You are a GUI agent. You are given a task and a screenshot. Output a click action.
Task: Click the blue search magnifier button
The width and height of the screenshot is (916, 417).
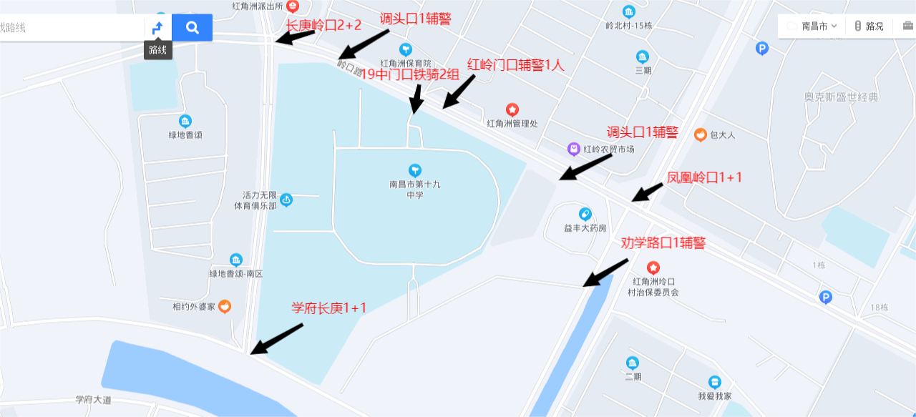[x=192, y=28]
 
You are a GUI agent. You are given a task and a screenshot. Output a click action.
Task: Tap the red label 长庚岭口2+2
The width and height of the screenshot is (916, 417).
[x=323, y=25]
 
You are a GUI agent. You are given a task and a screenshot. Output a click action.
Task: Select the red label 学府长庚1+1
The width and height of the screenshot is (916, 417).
[x=328, y=308]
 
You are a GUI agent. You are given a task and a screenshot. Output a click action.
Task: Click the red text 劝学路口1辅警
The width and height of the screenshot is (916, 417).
[x=663, y=243]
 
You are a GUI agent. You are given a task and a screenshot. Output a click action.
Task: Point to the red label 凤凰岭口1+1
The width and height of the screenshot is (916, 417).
[x=704, y=177]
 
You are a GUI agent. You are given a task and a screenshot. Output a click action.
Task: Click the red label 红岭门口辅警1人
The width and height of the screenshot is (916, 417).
[x=516, y=64]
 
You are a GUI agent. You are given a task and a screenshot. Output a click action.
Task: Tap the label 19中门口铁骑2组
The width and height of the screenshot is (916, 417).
[x=409, y=74]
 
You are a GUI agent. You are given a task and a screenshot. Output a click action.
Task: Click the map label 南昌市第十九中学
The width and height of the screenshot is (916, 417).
[x=415, y=189]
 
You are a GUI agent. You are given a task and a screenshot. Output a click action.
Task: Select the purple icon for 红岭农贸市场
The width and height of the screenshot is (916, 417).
[x=573, y=149]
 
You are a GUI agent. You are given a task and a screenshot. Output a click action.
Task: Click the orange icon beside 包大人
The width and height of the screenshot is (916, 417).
[x=701, y=134]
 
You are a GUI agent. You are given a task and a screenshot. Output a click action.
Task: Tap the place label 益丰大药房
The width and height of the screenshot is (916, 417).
[x=585, y=228]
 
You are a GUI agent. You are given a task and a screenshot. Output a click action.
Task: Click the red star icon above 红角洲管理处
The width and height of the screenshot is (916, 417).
[x=512, y=109]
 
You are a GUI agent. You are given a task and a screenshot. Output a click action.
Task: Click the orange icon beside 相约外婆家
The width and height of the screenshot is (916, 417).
[x=225, y=307]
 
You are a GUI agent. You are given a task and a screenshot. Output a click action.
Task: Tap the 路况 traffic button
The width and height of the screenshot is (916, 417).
[x=869, y=26]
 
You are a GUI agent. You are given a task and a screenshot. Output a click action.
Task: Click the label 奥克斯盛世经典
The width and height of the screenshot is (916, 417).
[x=840, y=97]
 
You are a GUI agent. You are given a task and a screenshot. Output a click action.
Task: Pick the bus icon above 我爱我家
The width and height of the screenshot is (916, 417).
[x=714, y=382]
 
